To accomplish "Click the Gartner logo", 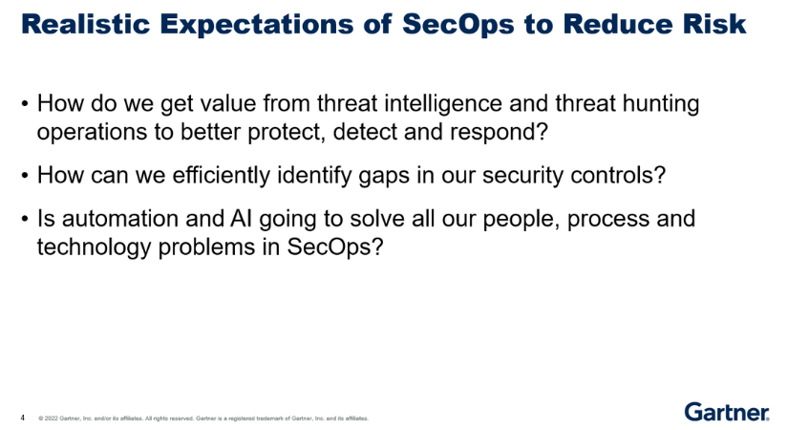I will click(726, 412).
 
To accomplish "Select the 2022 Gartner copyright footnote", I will click(202, 419).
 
